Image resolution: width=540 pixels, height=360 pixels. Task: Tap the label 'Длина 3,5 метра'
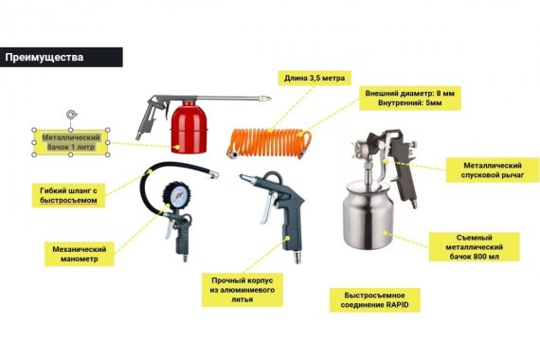point(315,79)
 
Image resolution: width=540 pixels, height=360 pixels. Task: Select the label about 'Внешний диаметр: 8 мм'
point(410,99)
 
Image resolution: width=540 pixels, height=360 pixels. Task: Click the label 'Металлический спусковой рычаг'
point(492,171)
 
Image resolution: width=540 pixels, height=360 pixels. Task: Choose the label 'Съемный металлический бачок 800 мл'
point(474,247)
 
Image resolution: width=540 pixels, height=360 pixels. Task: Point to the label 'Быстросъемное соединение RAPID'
point(375,300)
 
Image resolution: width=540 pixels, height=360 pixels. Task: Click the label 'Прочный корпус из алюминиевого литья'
point(243,290)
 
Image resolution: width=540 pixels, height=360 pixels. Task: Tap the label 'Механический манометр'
point(80,254)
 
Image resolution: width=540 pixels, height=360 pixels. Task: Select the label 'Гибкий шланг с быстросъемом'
point(68,195)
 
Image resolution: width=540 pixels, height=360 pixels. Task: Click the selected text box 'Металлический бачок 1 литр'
point(71,142)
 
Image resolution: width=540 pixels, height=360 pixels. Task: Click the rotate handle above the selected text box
point(71,115)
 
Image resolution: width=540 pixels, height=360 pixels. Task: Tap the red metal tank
point(189,128)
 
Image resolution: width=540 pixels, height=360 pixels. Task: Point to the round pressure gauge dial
point(177,196)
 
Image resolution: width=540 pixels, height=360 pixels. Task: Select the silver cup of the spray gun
point(368,215)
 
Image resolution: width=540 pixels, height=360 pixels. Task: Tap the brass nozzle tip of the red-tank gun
point(265,99)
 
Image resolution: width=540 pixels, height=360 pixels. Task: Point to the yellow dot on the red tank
point(176,147)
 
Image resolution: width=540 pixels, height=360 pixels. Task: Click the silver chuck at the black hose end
point(213,173)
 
